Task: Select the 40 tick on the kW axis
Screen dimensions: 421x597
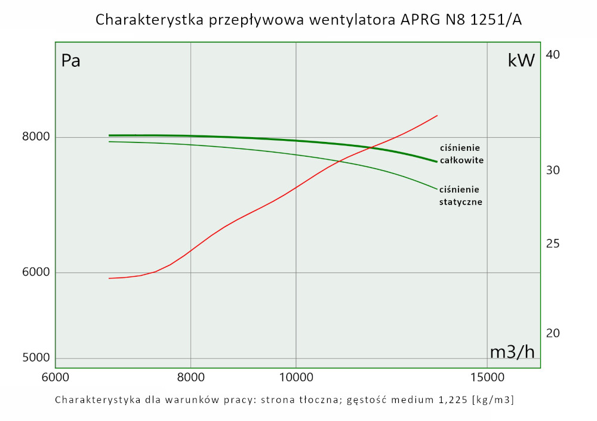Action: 553,55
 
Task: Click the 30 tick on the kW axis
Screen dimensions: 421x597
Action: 553,171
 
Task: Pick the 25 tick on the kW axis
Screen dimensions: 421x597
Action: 553,244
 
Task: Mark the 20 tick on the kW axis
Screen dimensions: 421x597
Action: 553,333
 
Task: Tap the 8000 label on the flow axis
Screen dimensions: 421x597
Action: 190,377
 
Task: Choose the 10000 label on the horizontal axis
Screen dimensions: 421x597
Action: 296,377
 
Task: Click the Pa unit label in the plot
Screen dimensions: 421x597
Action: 71,61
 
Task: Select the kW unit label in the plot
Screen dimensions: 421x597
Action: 521,60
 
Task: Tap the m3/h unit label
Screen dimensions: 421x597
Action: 512,352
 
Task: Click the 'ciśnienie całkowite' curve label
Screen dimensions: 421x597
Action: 460,154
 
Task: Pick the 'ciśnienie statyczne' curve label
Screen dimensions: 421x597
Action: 460,196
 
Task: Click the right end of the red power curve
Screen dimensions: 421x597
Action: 438,116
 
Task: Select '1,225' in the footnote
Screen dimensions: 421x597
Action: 453,400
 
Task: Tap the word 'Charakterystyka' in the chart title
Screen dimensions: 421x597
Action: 150,20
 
